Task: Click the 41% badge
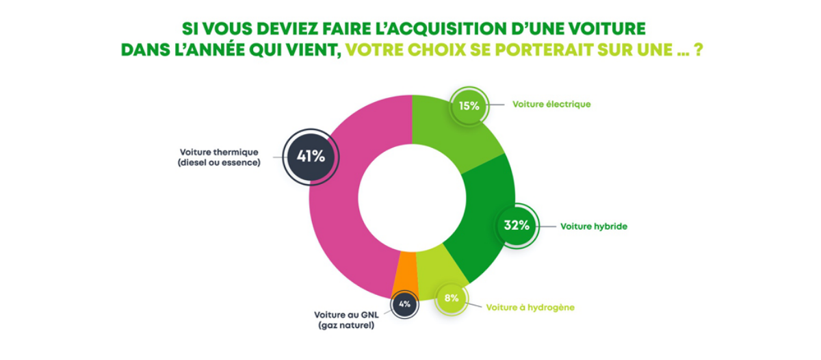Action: pos(310,156)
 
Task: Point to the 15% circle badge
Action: pos(469,105)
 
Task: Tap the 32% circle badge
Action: pos(516,225)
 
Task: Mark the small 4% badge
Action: pos(404,305)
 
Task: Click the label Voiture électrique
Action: pos(551,105)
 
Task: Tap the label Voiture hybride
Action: pos(594,225)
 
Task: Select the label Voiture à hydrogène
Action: pos(530,307)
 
